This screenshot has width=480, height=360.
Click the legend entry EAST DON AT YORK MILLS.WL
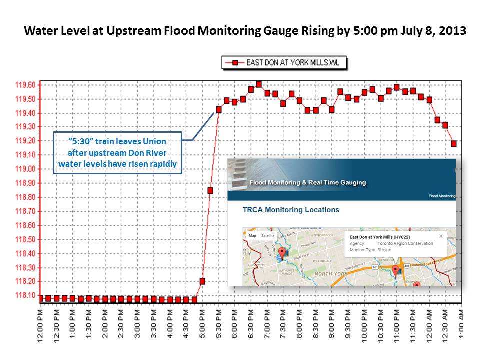(284, 63)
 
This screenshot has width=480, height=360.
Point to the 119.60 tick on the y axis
(25, 85)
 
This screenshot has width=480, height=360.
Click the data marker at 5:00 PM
(202, 281)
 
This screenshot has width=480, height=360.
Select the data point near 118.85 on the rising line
(210, 190)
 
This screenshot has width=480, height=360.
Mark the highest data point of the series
(259, 84)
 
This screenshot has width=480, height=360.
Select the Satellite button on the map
(268, 235)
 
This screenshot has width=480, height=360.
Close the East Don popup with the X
(440, 236)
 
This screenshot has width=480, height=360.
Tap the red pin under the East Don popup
(396, 270)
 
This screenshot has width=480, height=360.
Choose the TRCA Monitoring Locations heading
(291, 210)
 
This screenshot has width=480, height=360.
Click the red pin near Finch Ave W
(282, 253)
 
